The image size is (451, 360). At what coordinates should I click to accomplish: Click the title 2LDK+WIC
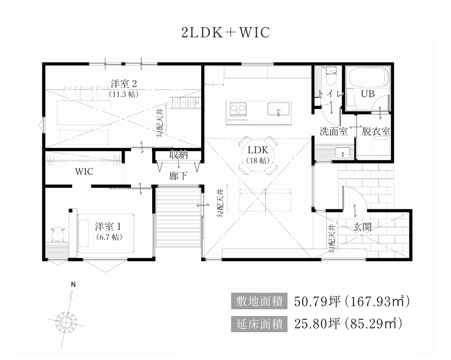[225, 33]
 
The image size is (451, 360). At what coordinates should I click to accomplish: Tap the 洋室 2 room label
[124, 84]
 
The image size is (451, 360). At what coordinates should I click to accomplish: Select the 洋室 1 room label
[108, 227]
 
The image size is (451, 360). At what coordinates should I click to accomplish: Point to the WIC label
[84, 172]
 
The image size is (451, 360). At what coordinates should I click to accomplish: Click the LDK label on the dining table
[258, 150]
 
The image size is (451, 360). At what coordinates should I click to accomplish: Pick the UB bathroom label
[367, 94]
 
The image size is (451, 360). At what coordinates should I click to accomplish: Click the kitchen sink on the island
[278, 109]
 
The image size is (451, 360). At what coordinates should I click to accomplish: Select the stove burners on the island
[238, 109]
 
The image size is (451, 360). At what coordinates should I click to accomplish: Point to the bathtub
[368, 77]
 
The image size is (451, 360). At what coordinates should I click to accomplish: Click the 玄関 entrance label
[362, 227]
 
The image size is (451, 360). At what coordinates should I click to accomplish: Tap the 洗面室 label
[334, 132]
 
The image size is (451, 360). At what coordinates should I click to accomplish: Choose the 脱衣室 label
[376, 132]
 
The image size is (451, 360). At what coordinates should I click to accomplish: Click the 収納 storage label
[179, 155]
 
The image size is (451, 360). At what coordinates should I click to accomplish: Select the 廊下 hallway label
[178, 176]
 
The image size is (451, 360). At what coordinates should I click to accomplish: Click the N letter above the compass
[73, 284]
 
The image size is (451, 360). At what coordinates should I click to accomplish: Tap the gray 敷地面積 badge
[259, 301]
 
